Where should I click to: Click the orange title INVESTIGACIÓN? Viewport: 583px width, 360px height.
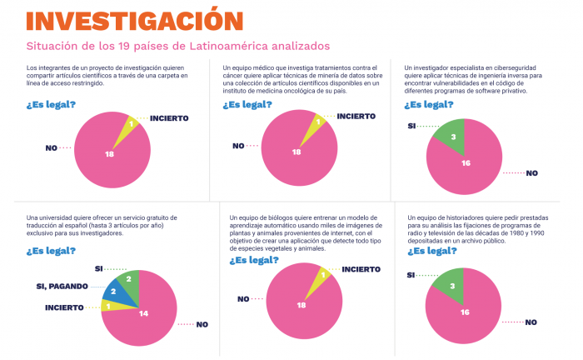pos(123,19)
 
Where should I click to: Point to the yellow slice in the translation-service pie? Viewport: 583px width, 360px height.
pos(110,306)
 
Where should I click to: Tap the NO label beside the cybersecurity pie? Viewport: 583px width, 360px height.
pos(532,173)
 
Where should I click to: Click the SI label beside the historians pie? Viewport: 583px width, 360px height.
pos(411,275)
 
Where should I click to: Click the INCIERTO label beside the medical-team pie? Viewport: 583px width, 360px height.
pos(345,117)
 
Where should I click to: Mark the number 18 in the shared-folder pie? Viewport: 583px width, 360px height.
pos(109,155)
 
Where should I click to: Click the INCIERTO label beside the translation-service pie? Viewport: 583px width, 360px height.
pos(64,307)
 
